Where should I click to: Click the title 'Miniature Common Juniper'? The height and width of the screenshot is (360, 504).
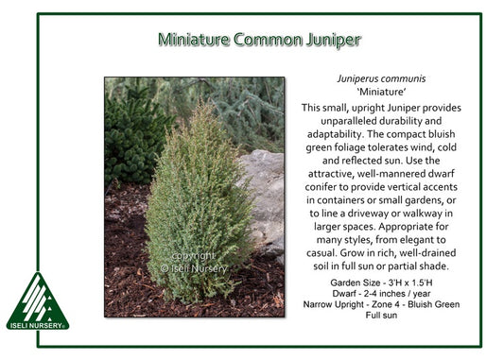[259, 40]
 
